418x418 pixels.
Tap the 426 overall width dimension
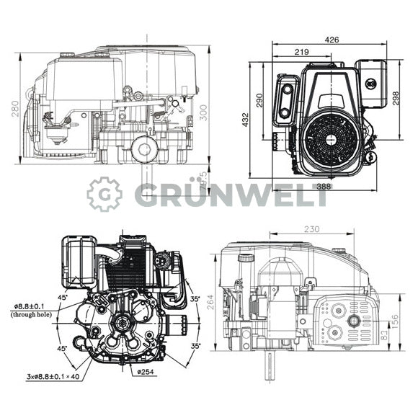332,40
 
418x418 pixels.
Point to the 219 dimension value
303,52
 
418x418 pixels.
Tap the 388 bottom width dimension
324,187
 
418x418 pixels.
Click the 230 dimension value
311,229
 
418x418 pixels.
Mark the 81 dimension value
383,335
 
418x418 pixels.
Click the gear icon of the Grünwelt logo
105,194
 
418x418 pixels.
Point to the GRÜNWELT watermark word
231,194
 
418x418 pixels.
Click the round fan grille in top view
330,140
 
